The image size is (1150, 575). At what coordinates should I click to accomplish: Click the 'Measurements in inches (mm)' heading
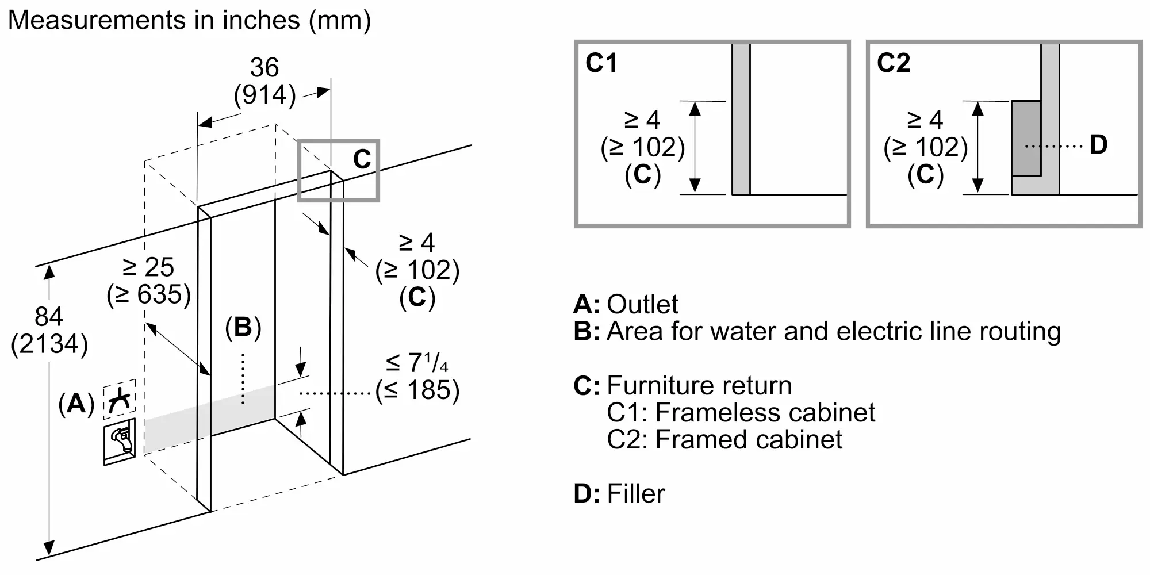(189, 20)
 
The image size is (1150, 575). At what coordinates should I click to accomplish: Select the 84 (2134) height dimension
(49, 331)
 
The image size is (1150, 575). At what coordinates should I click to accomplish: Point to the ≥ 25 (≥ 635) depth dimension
(148, 281)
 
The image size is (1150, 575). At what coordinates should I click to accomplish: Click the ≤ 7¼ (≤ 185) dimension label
(417, 377)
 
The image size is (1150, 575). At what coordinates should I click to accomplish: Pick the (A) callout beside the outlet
(76, 404)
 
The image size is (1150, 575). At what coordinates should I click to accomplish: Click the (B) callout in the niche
(243, 327)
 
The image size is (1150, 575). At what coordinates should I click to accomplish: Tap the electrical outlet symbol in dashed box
(120, 398)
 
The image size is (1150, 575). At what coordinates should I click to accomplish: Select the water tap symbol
(120, 441)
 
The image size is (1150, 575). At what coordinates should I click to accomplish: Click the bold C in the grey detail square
(362, 159)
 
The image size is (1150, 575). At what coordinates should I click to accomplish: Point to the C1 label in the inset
(601, 63)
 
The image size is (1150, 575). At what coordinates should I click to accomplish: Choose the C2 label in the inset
(893, 63)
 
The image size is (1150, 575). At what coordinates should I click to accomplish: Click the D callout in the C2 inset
(1098, 145)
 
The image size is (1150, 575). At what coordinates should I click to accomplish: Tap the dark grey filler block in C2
(1026, 138)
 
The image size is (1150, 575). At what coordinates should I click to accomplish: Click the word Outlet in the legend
(642, 304)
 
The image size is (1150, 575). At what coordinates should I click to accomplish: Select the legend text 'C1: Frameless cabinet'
(741, 412)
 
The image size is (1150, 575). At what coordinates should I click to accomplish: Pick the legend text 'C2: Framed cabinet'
(724, 439)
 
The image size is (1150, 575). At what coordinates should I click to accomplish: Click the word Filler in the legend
(635, 493)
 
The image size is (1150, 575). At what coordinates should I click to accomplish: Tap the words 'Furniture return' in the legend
(699, 385)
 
